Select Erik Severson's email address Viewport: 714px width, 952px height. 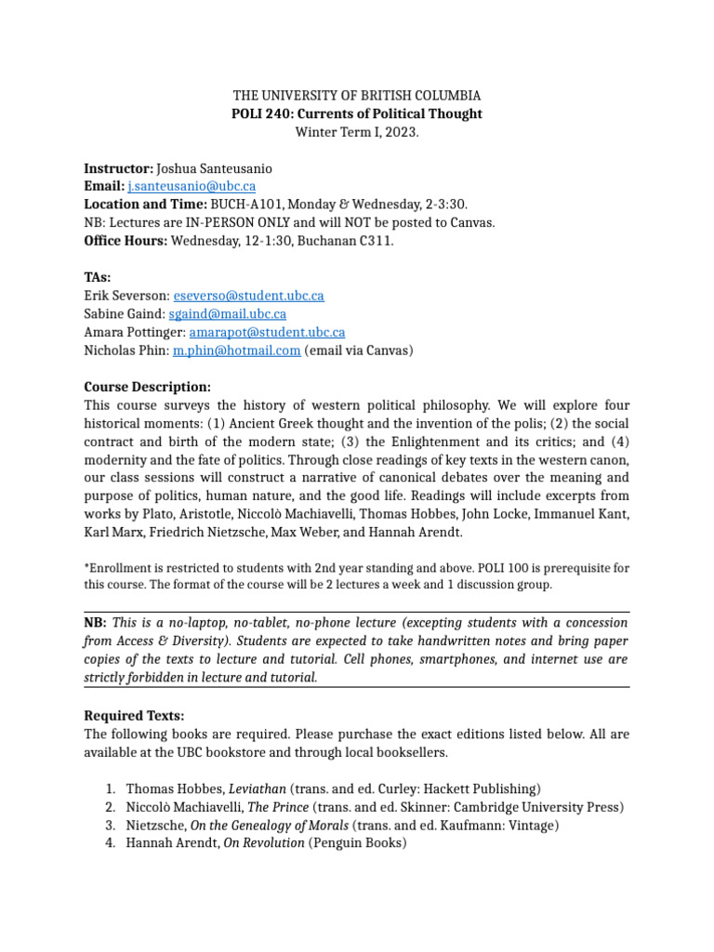click(x=248, y=296)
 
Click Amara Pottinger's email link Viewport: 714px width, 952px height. click(x=267, y=332)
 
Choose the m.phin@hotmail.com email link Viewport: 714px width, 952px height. click(x=236, y=350)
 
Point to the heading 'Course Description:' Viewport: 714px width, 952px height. click(x=147, y=387)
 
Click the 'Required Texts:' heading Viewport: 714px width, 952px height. click(x=134, y=715)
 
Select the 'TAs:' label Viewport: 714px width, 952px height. click(x=98, y=277)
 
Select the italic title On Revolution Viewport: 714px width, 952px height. click(x=263, y=843)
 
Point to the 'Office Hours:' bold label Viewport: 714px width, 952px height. click(x=126, y=241)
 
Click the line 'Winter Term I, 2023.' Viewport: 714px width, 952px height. click(x=357, y=132)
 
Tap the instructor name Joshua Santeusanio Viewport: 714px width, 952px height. click(x=215, y=168)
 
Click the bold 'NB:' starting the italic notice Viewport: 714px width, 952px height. click(x=96, y=622)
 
